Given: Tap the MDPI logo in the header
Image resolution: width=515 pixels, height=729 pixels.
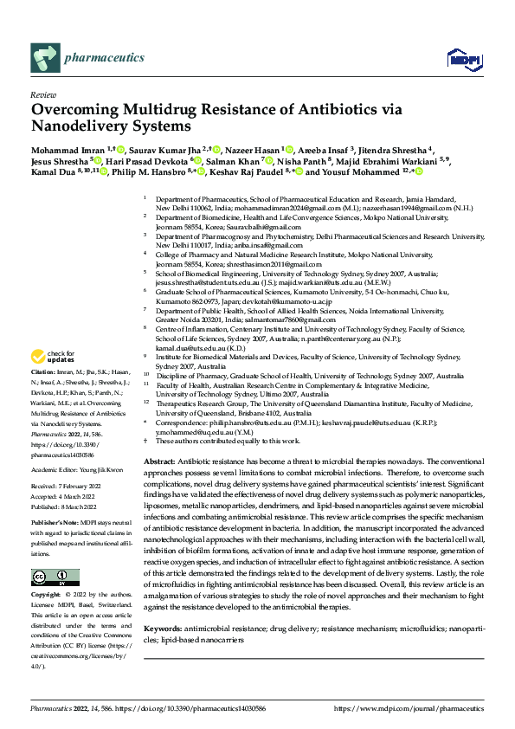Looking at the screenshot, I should click(459, 58).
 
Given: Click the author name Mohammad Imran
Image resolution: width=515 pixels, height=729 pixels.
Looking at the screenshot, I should click(65, 150).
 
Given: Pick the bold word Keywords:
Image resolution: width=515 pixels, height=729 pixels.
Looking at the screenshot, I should click(164, 627).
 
